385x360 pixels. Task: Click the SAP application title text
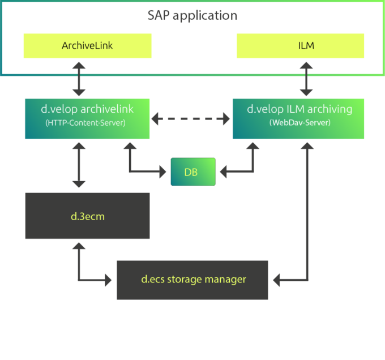(x=192, y=15)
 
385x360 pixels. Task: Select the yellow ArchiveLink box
(x=87, y=46)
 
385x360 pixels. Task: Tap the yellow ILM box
(x=300, y=46)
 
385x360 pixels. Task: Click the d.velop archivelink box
(x=87, y=118)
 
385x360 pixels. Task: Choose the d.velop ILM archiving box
(x=298, y=118)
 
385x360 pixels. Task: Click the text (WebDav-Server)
(x=300, y=123)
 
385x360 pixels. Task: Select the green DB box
(x=192, y=172)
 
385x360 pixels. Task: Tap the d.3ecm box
(x=87, y=216)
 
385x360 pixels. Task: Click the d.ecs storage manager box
(x=192, y=280)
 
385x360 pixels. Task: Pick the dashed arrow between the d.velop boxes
(x=191, y=118)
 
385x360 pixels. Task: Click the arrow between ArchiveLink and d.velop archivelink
(x=79, y=78)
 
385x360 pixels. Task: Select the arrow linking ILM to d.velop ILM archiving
(x=306, y=78)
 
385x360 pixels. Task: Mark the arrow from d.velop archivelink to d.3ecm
(x=79, y=165)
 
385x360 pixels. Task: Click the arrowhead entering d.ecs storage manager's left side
(x=109, y=280)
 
